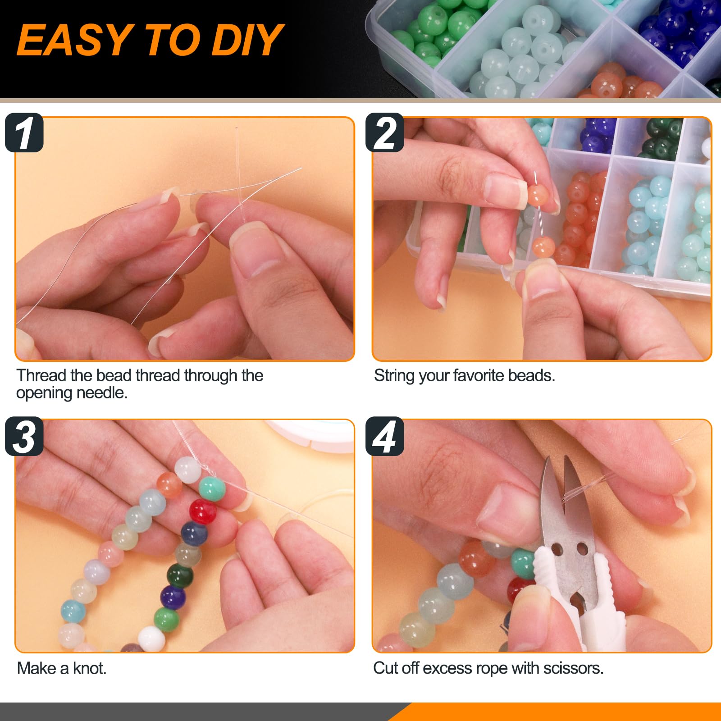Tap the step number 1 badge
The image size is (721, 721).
pyautogui.click(x=24, y=132)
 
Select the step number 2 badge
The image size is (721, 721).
pyautogui.click(x=384, y=132)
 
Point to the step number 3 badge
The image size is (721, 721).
pyautogui.click(x=24, y=436)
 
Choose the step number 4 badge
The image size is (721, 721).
pyautogui.click(x=384, y=436)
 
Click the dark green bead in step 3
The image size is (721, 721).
pyautogui.click(x=180, y=577)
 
